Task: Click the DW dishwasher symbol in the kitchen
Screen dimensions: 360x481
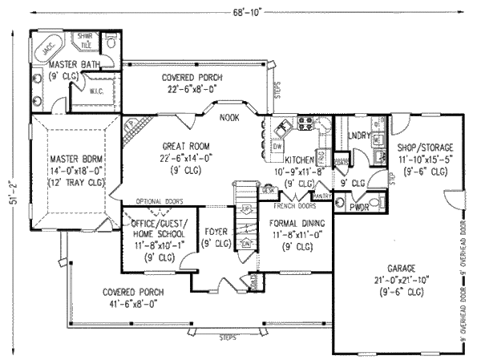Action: click(x=277, y=148)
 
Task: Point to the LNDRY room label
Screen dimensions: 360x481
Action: click(x=361, y=136)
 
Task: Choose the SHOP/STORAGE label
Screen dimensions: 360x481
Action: click(x=425, y=148)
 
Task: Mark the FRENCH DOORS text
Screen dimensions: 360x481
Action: click(x=291, y=196)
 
